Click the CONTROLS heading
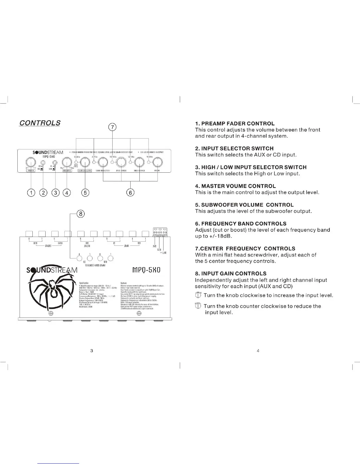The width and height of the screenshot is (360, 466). pyautogui.click(x=40, y=123)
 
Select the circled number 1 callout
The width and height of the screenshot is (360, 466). pyautogui.click(x=31, y=193)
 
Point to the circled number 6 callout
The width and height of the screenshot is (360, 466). pyautogui.click(x=130, y=193)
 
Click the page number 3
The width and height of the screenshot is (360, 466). pyautogui.click(x=92, y=351)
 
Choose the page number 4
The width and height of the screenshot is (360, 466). pyautogui.click(x=258, y=351)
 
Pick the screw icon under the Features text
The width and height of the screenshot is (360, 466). pyautogui.click(x=139, y=313)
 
